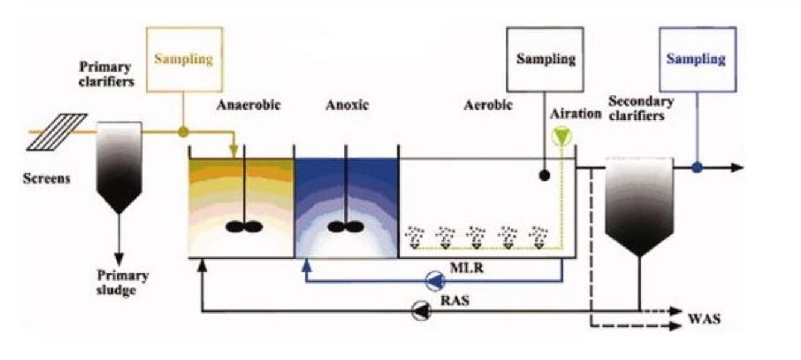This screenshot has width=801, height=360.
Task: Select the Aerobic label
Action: tap(488, 105)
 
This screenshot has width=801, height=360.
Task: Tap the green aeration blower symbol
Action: tap(562, 136)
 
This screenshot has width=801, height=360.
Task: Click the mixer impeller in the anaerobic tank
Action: tap(244, 227)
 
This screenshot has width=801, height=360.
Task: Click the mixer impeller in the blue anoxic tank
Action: tap(345, 227)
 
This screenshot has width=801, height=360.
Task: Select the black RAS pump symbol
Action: tap(420, 310)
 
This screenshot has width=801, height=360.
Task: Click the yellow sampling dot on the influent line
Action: tap(184, 131)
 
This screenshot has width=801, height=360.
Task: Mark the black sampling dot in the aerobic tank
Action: tap(544, 176)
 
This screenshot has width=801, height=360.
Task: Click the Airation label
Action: tap(575, 114)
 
